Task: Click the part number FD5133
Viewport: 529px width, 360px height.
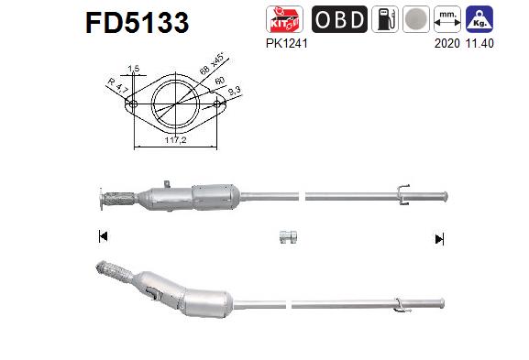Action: tap(138, 22)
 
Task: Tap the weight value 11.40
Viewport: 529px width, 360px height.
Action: tap(480, 42)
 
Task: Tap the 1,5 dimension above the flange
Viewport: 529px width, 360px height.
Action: tap(134, 69)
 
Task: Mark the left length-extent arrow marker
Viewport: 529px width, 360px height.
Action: tap(102, 237)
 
